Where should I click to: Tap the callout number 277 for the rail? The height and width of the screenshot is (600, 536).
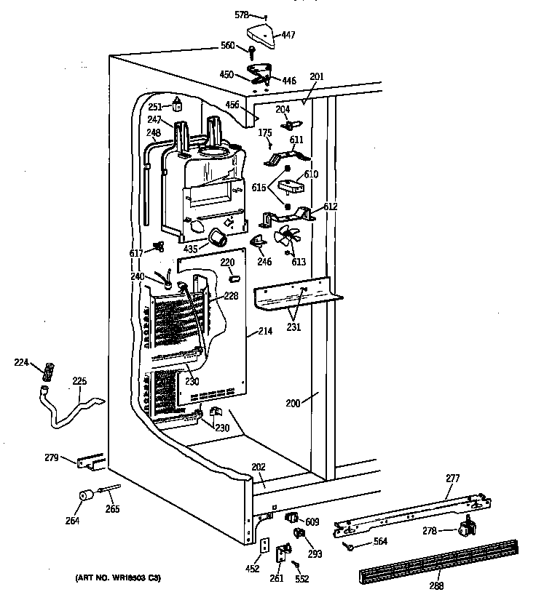[x=453, y=479]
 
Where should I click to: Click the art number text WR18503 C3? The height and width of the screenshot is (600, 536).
[x=118, y=578]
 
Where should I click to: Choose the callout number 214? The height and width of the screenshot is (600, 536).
[x=265, y=332]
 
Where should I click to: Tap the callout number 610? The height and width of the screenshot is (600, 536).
[x=312, y=174]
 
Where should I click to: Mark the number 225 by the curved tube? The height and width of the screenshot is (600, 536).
[x=79, y=380]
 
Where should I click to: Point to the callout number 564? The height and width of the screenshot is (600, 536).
[x=380, y=540]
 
